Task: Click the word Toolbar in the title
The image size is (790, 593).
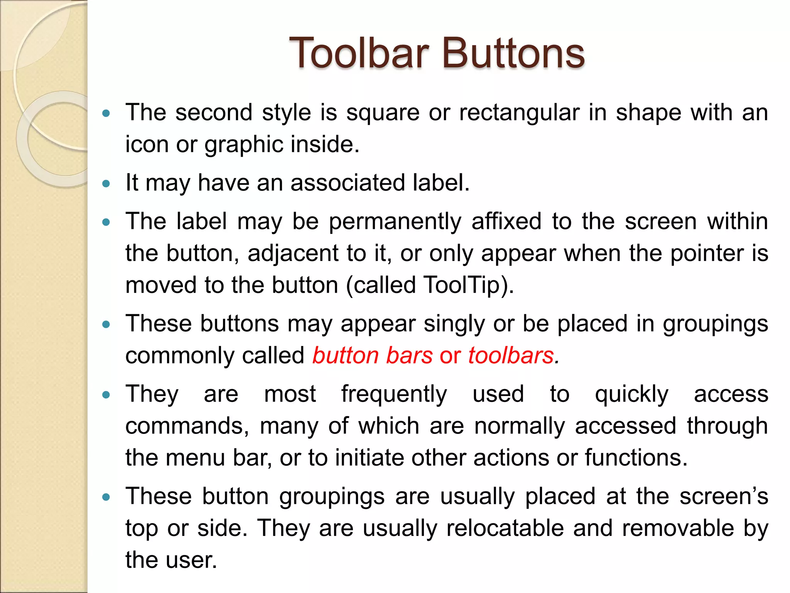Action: (x=359, y=53)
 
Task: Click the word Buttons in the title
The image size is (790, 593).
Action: (x=513, y=53)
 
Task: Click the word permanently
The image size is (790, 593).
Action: (x=395, y=222)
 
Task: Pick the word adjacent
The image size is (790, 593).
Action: (x=293, y=254)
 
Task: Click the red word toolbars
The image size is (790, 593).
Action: (x=511, y=355)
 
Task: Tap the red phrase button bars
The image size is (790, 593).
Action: (x=372, y=355)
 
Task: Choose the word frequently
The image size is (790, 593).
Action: (x=394, y=395)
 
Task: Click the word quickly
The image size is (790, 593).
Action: (x=631, y=395)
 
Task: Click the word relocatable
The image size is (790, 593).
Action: (x=505, y=528)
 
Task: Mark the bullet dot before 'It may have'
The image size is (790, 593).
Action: (x=106, y=183)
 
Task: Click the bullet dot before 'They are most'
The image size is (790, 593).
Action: (x=106, y=395)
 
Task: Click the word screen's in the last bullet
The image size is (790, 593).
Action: (x=724, y=496)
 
